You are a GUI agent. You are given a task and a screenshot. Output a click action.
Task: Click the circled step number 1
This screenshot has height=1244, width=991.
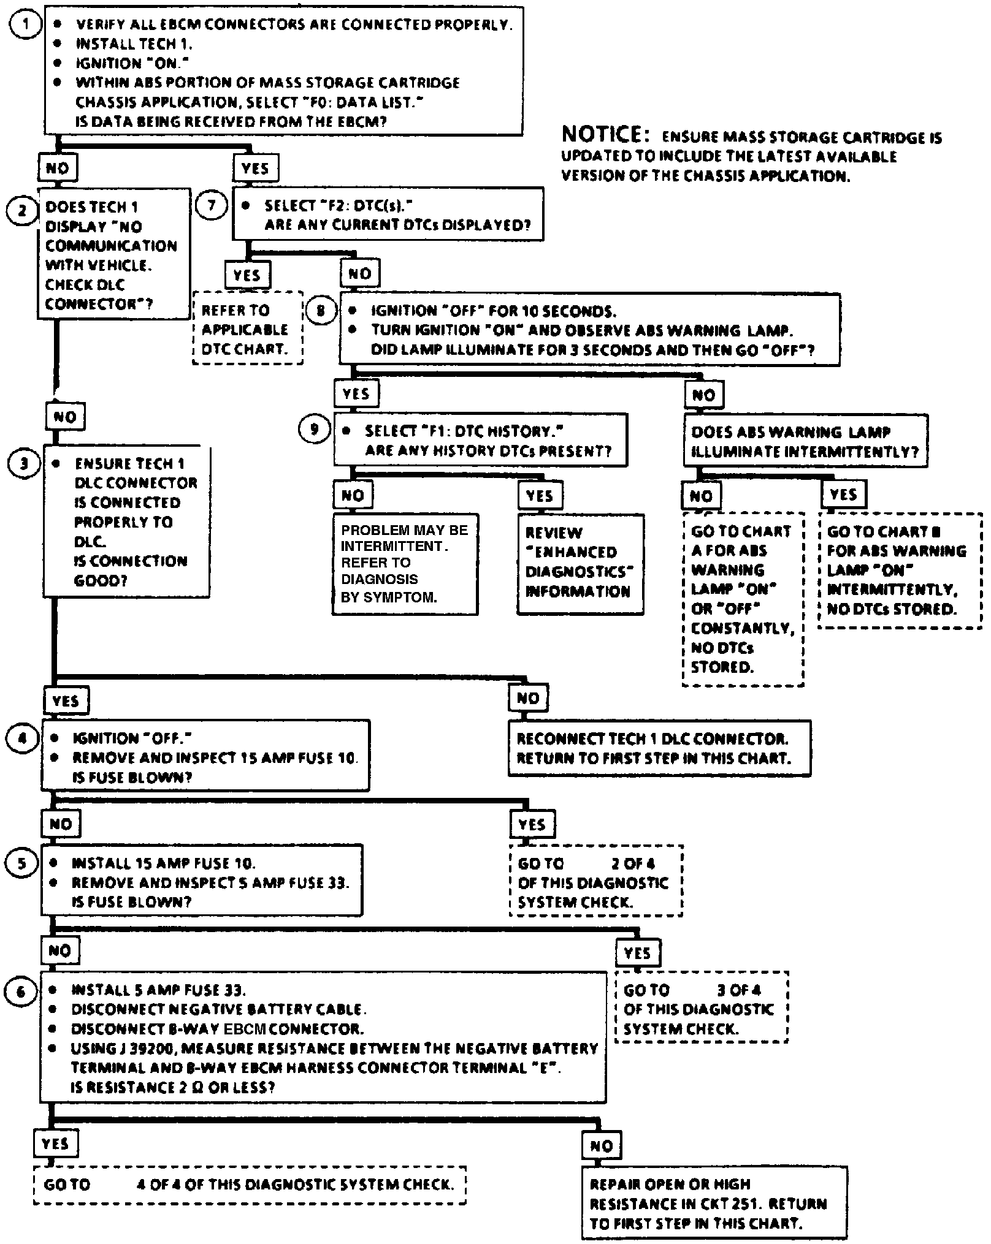[x=25, y=26]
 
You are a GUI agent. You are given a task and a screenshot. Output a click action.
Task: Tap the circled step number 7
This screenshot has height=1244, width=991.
[x=211, y=205]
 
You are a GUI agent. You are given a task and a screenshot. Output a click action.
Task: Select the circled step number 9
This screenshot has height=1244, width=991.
[x=314, y=428]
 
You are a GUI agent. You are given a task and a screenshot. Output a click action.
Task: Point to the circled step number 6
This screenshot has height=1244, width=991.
[x=21, y=991]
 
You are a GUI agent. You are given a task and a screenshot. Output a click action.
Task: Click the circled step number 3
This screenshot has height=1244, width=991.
[x=23, y=463]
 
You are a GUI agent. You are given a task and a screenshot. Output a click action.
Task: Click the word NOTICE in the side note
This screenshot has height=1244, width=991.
[x=601, y=134]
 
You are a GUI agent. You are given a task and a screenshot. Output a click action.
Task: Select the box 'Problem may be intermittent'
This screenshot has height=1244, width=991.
[x=405, y=564]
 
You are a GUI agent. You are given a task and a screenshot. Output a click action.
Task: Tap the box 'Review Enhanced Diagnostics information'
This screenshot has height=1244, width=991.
[x=580, y=564]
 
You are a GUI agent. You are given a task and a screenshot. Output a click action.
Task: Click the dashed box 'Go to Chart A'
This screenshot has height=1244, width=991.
[x=743, y=599]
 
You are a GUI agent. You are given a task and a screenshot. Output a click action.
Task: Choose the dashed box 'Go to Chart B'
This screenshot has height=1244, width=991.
[x=899, y=570]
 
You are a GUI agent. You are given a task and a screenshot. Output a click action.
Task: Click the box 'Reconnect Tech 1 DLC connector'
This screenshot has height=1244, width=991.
[x=659, y=748]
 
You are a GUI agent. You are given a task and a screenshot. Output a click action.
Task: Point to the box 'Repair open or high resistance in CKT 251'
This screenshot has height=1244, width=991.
[x=714, y=1204]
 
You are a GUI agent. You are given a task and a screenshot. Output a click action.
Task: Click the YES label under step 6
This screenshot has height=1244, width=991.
[x=55, y=1143]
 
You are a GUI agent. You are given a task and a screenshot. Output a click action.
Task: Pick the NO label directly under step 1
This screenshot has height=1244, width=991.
[x=57, y=168]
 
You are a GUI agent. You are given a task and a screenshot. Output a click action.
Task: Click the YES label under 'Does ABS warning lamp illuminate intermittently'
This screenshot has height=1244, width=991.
[x=843, y=495]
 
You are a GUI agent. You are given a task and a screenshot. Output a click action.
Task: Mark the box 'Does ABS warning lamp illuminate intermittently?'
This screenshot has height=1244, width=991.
[x=805, y=441]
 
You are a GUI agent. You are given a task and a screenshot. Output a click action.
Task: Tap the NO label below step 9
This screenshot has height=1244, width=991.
[x=353, y=495]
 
